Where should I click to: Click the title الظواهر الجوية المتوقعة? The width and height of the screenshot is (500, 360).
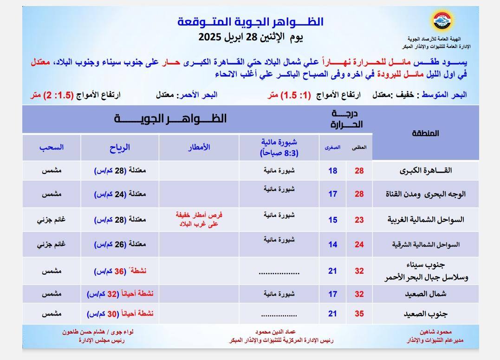pyautogui.click(x=251, y=22)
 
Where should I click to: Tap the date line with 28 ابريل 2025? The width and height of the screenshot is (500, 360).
pyautogui.click(x=251, y=37)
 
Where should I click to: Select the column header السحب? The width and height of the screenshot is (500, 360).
pyautogui.click(x=52, y=148)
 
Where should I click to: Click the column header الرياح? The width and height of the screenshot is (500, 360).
pyautogui.click(x=120, y=148)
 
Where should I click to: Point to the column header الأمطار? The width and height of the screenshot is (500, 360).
pyautogui.click(x=199, y=148)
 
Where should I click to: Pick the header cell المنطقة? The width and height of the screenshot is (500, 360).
pyautogui.click(x=425, y=134)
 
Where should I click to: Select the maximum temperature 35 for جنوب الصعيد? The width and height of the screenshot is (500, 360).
pyautogui.click(x=359, y=314)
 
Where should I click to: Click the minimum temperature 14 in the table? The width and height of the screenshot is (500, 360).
pyautogui.click(x=332, y=244)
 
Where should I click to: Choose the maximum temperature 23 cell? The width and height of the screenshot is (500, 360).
pyautogui.click(x=359, y=220)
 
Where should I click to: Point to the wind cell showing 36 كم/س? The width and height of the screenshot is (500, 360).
pyautogui.click(x=120, y=271)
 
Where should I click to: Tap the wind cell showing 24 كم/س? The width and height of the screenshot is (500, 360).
pyautogui.click(x=120, y=194)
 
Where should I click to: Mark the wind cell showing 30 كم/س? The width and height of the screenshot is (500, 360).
pyautogui.click(x=120, y=314)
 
